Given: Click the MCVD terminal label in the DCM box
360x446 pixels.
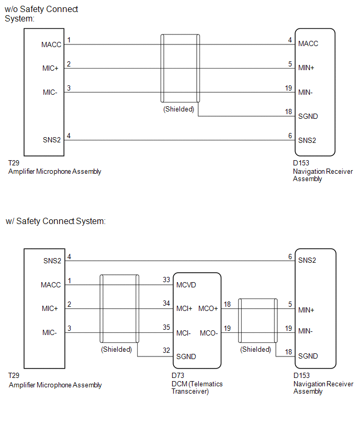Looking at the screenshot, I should click(187, 285).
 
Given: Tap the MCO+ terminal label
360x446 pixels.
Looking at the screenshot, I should click(208, 309).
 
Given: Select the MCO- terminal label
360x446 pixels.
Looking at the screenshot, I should click(208, 333).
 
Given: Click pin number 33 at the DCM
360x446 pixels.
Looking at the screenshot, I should click(166, 280).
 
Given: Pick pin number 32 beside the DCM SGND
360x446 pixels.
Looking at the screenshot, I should click(166, 351).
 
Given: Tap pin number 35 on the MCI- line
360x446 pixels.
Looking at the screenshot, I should click(166, 328).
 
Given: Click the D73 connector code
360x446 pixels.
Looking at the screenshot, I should click(177, 376).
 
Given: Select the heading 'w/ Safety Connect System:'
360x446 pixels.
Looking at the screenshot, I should click(55, 221).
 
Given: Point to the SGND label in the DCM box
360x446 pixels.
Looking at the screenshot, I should click(186, 356).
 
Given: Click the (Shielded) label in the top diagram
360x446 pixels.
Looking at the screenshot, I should click(178, 109).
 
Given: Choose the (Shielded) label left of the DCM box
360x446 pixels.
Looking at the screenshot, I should click(117, 349).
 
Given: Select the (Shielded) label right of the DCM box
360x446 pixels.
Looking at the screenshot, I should click(256, 349).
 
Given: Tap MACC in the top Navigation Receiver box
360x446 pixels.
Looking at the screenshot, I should click(308, 44).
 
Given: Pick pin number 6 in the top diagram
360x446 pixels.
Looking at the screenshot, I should click(289, 136).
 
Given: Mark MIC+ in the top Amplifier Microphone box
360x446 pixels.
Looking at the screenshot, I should click(51, 69).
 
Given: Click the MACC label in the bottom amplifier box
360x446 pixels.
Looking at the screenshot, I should click(51, 285).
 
